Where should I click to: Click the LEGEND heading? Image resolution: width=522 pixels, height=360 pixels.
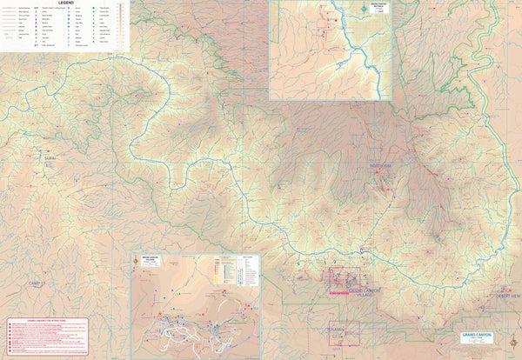tap(64, 3)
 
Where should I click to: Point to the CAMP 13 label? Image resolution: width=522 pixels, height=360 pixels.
tap(37, 284)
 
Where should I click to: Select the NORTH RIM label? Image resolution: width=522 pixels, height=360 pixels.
tap(381, 166)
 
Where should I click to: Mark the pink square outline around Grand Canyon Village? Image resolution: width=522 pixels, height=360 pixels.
tap(337, 280)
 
